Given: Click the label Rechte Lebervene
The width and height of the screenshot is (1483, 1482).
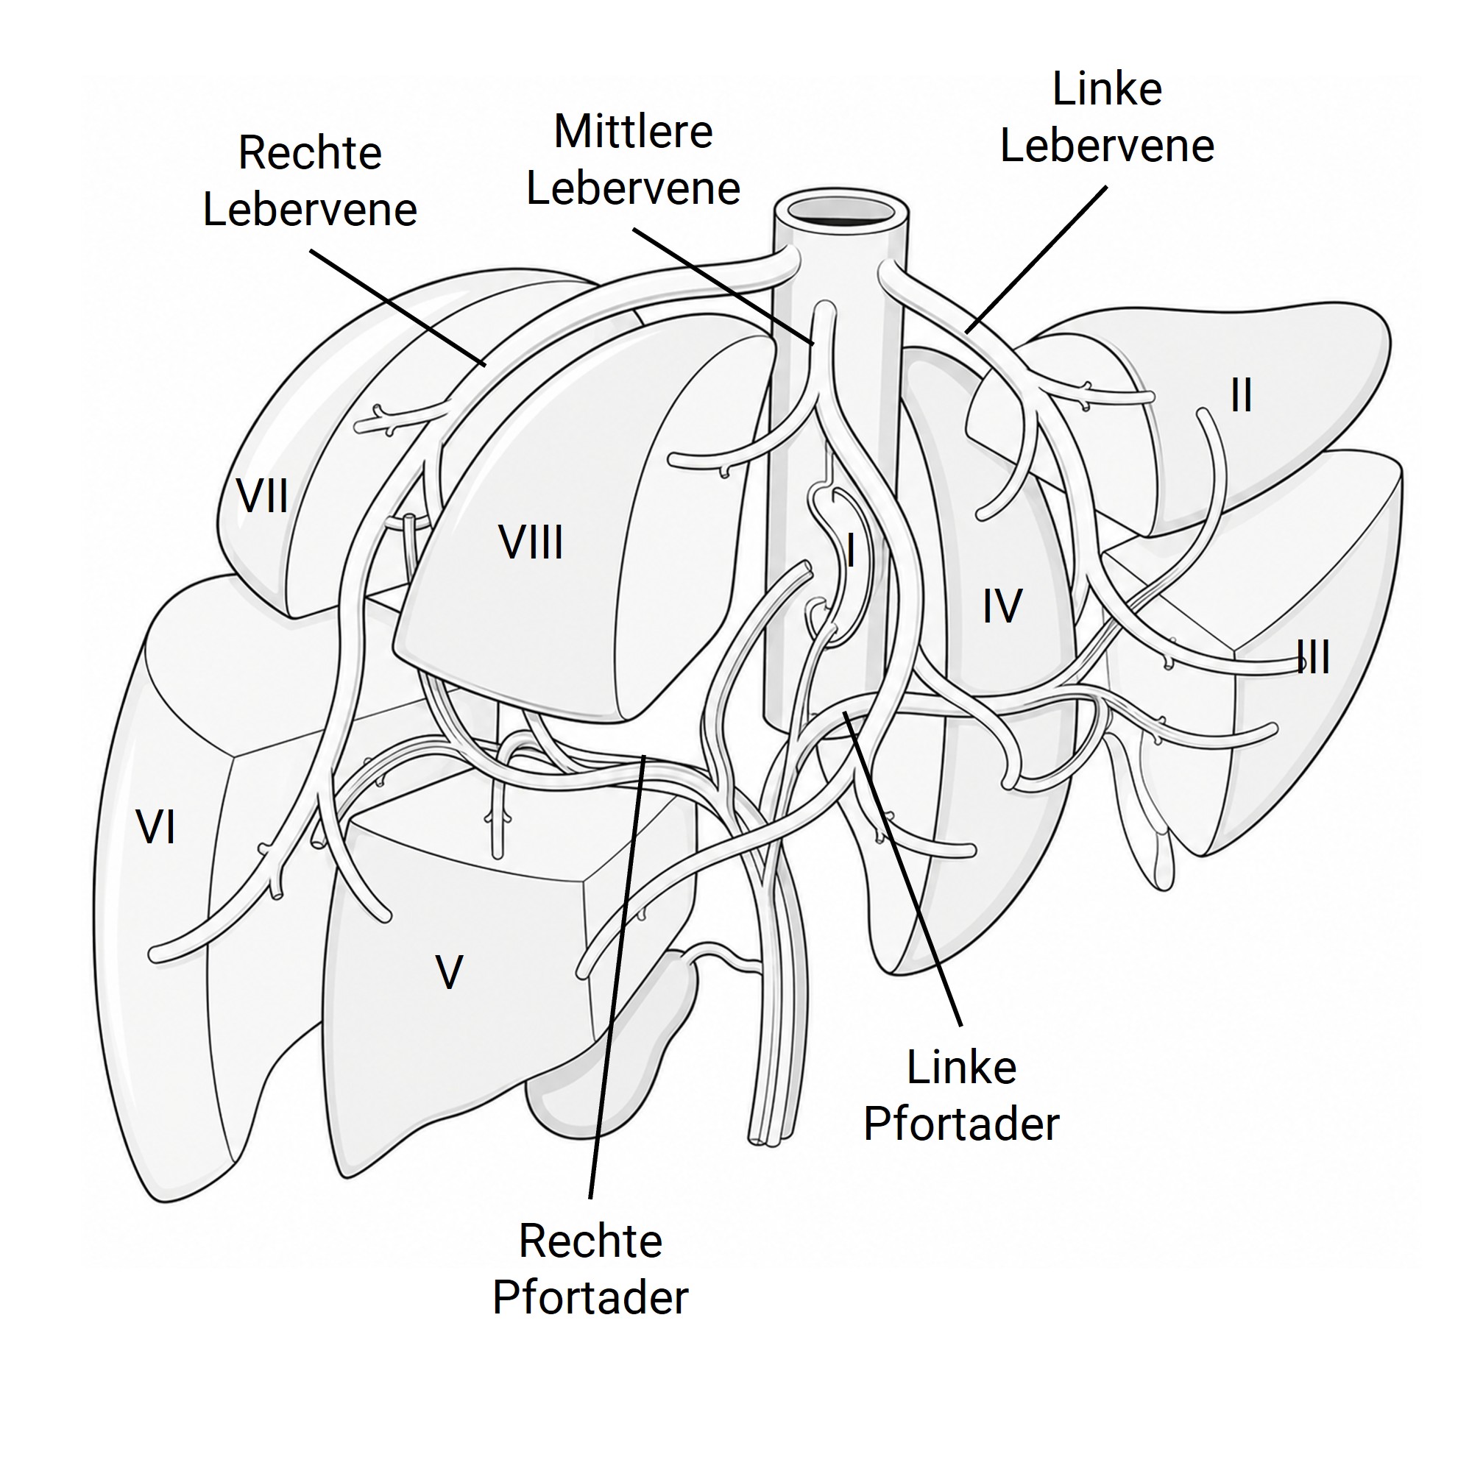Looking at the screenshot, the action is (309, 181).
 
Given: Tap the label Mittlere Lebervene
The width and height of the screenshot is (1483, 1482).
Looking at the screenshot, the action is (633, 160).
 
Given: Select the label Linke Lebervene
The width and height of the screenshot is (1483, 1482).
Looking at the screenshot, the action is (1107, 118).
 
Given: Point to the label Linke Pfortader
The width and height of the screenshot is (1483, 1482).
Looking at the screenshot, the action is (961, 1096).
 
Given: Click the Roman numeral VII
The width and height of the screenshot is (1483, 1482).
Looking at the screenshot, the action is (263, 497).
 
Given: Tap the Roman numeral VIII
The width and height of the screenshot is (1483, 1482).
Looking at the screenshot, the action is (531, 542).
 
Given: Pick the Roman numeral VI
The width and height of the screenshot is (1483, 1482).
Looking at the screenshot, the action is (156, 828).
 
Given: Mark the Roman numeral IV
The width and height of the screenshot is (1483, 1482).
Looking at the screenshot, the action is (1002, 606).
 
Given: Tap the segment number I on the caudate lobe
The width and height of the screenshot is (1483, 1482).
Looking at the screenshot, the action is (851, 550).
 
